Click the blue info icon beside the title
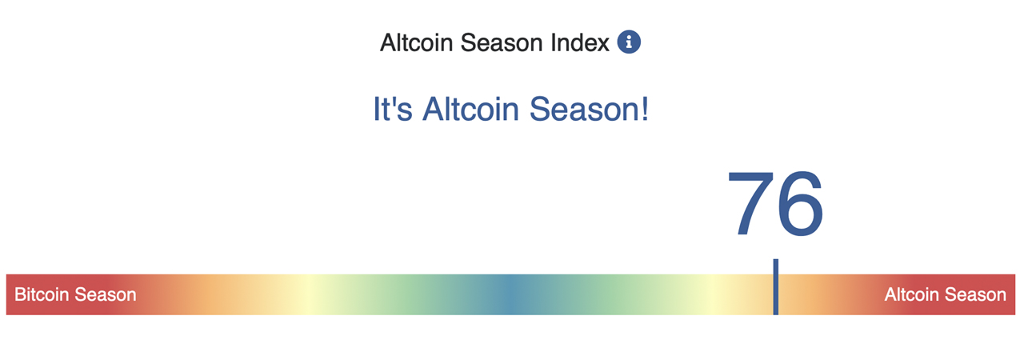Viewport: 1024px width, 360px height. pos(629,42)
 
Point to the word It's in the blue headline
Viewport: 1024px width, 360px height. pos(393,109)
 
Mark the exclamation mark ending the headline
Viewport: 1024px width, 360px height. pos(643,109)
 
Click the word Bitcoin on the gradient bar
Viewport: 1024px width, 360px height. pos(42,294)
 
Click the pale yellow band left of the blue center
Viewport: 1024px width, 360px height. pos(308,294)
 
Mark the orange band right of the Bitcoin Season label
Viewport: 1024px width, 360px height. pos(200,294)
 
